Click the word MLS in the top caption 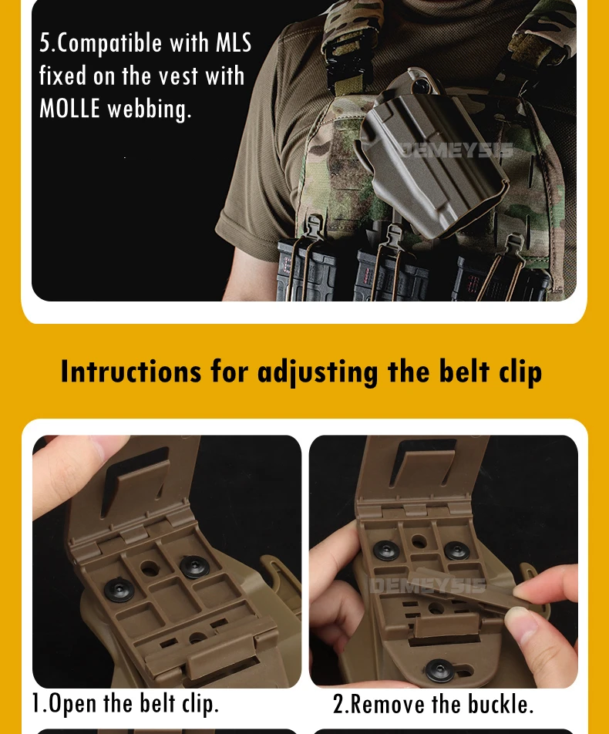click(x=234, y=43)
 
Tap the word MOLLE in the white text click(x=69, y=109)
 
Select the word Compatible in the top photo click(x=109, y=43)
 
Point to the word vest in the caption click(x=178, y=76)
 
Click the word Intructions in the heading click(x=131, y=372)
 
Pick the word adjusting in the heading click(x=318, y=373)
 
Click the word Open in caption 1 click(x=72, y=703)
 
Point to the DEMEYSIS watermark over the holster click(x=456, y=150)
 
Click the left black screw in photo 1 click(x=119, y=589)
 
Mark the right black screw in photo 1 click(x=194, y=567)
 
